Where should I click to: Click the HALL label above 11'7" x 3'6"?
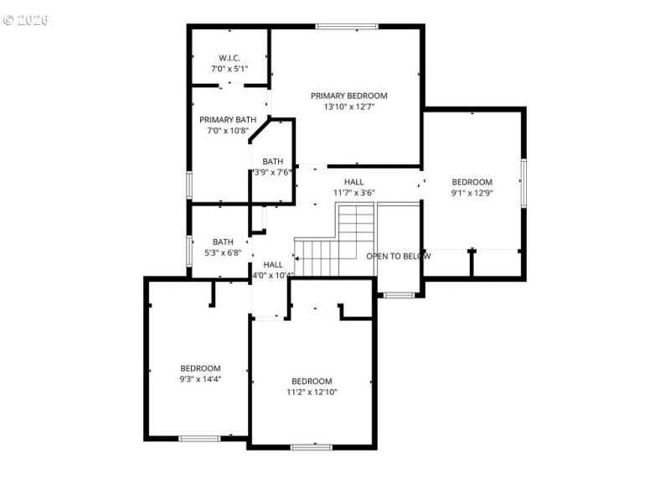353,182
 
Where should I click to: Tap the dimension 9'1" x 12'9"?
472,193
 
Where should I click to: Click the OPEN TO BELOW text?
399,256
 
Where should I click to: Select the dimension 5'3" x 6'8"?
223,252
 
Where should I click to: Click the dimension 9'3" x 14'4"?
200,379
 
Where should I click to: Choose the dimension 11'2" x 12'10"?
312,392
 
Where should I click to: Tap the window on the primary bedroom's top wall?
338,27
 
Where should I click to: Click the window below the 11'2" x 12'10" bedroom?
312,446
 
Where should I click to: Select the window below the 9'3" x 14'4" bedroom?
199,438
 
